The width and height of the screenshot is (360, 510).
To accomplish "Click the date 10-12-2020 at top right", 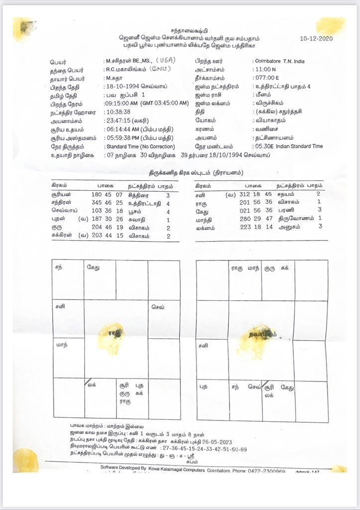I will [x=316, y=38].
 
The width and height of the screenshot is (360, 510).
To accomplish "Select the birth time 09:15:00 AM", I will [x=120, y=103].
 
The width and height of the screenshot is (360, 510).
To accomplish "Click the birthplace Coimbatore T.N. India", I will [x=279, y=61].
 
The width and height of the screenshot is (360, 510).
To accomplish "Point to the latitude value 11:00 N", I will [x=266, y=70].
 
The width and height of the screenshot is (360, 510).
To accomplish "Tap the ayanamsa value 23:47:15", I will [x=118, y=121].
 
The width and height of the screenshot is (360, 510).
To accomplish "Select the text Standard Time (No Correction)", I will [x=140, y=146].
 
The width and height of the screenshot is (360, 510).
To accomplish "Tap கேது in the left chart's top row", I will [x=93, y=267].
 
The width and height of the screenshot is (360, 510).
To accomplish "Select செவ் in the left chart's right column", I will [x=157, y=307].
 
